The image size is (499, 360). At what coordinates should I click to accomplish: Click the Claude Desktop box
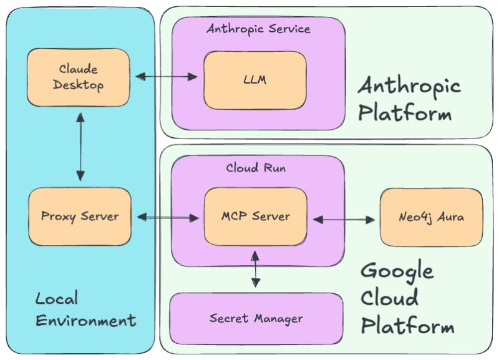[78, 77]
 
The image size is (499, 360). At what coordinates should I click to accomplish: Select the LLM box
[255, 80]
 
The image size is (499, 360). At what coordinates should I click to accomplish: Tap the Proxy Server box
[80, 216]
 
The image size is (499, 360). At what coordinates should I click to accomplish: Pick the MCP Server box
[255, 216]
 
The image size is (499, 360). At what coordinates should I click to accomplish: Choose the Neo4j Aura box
[431, 217]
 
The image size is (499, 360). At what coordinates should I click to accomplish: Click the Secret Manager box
[256, 318]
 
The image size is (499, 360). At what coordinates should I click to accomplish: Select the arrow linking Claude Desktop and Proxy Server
[80, 147]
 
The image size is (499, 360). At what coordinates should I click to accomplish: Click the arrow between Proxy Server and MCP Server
[167, 217]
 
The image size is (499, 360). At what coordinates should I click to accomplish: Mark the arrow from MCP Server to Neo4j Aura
[344, 219]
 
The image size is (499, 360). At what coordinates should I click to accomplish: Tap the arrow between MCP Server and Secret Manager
[254, 270]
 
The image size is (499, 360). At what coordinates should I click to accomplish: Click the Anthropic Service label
[258, 29]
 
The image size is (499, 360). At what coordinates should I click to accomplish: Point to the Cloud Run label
[256, 168]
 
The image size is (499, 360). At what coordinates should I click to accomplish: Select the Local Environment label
[85, 309]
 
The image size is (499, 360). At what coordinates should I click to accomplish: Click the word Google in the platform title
[397, 272]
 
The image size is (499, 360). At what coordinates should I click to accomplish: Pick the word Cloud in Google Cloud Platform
[390, 298]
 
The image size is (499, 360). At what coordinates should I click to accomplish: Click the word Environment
[85, 321]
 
